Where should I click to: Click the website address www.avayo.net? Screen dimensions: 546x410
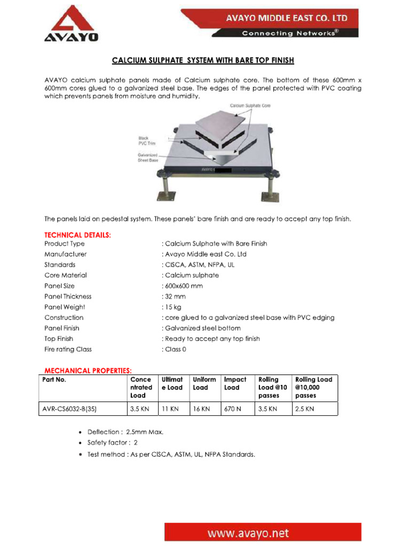click(263, 533)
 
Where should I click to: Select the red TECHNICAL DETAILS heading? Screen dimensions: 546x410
click(77, 235)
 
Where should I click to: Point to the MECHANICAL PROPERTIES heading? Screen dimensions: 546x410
click(88, 370)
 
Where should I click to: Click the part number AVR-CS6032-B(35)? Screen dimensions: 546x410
click(73, 409)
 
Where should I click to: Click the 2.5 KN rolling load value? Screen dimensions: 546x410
click(304, 409)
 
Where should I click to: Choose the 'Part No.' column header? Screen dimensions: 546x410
click(54, 380)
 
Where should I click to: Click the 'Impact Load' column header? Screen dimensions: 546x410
click(235, 383)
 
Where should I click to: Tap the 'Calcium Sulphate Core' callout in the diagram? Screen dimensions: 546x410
click(250, 106)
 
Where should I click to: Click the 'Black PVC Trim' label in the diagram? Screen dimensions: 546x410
click(144, 140)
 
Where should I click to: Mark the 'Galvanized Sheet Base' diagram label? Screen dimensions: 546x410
click(148, 157)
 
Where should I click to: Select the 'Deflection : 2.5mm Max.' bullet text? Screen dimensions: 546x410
click(125, 431)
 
